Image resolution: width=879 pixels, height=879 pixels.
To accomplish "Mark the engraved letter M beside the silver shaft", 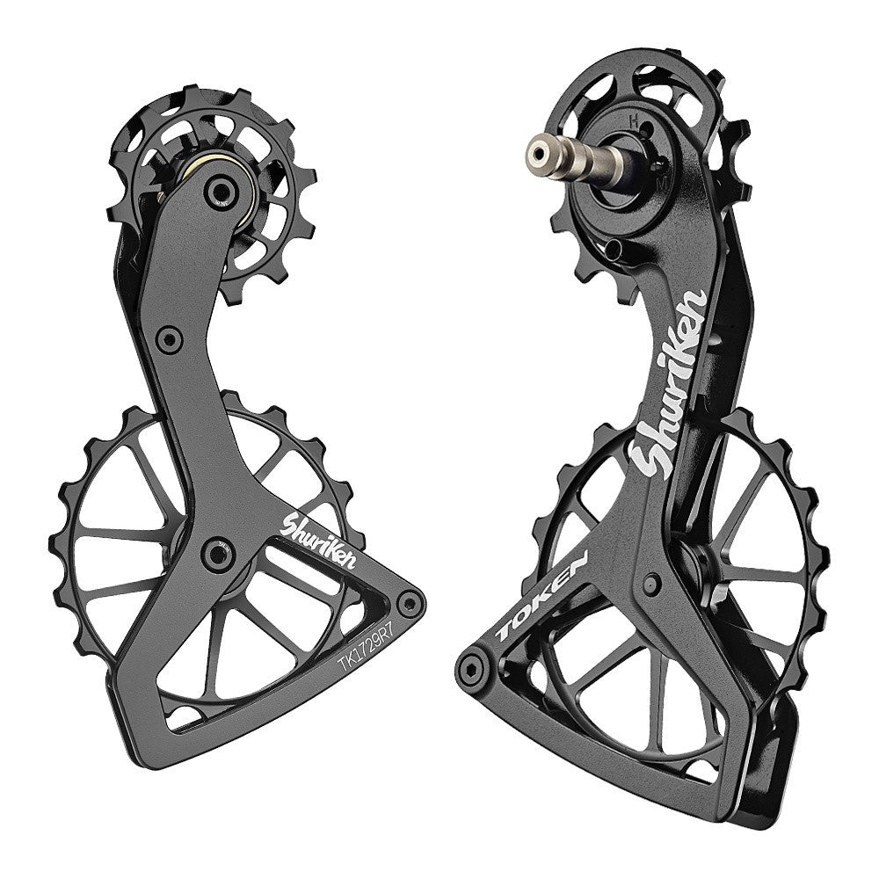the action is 663,184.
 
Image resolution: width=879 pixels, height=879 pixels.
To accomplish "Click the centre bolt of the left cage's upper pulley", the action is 221,192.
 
